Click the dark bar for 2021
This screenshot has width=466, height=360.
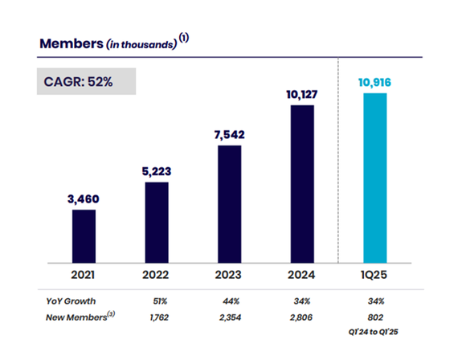click(84, 235)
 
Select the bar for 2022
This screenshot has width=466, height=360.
click(157, 221)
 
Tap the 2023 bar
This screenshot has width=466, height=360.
click(230, 202)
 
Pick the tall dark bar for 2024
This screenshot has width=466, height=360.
click(302, 182)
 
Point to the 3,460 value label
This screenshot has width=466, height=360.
click(84, 197)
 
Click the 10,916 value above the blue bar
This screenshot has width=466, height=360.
click(375, 81)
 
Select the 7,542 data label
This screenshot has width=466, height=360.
click(230, 133)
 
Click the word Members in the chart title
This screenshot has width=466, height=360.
click(71, 43)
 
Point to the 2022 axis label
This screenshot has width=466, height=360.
click(157, 276)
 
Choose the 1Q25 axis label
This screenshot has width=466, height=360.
click(375, 276)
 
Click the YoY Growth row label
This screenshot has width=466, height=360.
click(70, 302)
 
